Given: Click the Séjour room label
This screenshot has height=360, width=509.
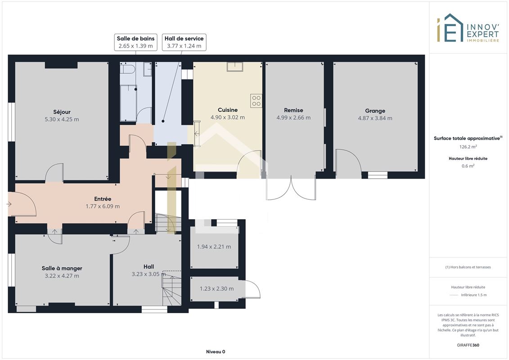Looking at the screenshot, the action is click(x=62, y=112).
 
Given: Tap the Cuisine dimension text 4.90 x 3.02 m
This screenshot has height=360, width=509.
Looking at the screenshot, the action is click(x=228, y=117).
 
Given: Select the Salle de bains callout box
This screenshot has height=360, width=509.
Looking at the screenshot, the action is click(x=136, y=42).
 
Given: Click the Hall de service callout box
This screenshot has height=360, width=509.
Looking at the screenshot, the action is click(x=184, y=42).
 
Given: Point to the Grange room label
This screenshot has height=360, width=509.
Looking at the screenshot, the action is click(x=375, y=111).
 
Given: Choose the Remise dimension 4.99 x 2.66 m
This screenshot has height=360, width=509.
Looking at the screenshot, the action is click(x=293, y=118).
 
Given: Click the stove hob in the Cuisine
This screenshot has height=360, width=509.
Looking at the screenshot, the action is click(x=256, y=101).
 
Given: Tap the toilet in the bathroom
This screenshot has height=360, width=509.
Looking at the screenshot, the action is click(x=127, y=69).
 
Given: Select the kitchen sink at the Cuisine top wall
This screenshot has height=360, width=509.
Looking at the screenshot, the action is click(x=235, y=67).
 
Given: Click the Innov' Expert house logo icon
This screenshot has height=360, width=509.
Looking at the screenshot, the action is click(x=450, y=28).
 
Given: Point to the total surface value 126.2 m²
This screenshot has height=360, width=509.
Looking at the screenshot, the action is click(x=468, y=147).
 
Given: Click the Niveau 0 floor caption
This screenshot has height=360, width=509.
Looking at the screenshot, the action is click(x=216, y=351).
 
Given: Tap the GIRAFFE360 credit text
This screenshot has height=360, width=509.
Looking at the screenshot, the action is click(x=468, y=345).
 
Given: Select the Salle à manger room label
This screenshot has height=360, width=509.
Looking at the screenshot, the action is click(x=62, y=269).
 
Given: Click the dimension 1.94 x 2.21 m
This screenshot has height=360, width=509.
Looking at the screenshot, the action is click(x=214, y=247).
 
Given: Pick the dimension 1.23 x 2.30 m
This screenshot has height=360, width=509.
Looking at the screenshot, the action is click(x=216, y=288).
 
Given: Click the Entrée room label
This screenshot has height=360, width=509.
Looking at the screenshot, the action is click(x=103, y=199).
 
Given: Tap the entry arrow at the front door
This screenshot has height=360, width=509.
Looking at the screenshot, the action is click(x=9, y=204).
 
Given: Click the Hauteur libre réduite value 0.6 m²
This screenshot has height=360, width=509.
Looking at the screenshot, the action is click(x=468, y=166).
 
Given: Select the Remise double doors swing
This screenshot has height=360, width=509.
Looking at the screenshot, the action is click(x=291, y=189).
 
